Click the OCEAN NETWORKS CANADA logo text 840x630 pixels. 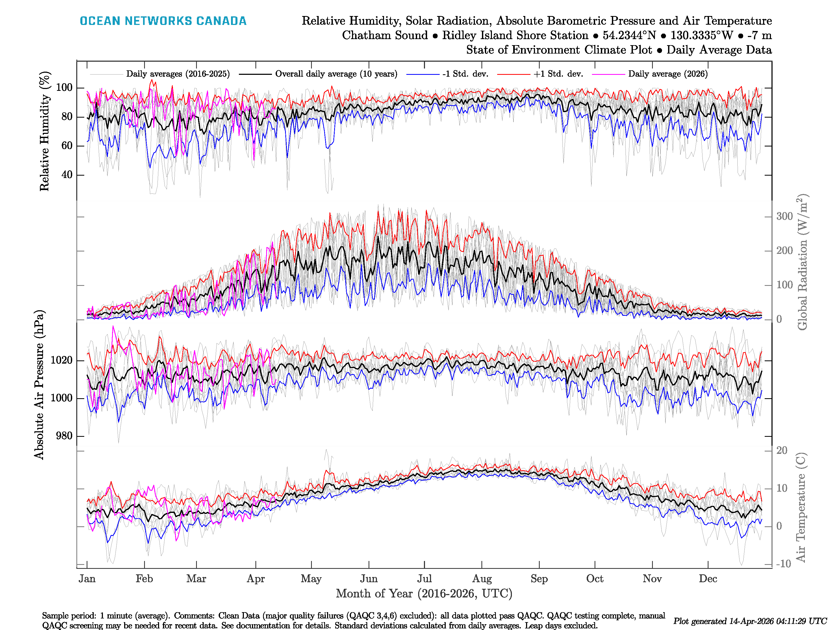tap(163, 21)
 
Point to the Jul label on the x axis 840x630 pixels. tap(424, 579)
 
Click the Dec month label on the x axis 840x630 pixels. tap(708, 579)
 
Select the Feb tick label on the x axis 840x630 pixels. tap(144, 579)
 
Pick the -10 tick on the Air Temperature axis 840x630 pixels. tap(783, 564)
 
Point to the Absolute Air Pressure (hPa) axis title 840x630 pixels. tap(39, 385)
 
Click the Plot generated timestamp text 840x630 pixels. tap(750, 621)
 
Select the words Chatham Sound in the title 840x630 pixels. tap(385, 35)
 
